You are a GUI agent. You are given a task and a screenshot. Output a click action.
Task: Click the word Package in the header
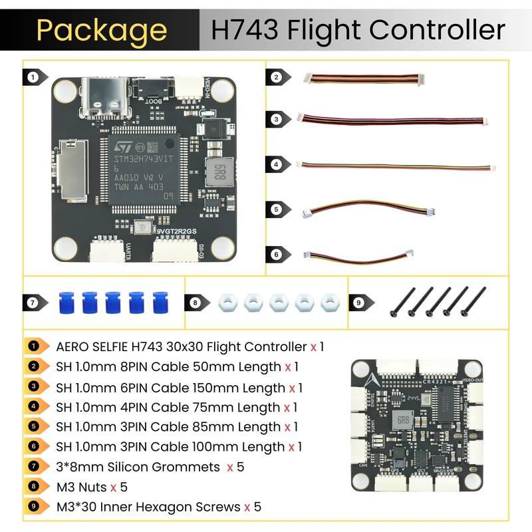coord(101,30)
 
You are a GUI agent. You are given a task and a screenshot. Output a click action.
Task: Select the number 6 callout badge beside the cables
coord(276,254)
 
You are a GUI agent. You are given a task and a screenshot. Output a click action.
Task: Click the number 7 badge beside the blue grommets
coord(32,303)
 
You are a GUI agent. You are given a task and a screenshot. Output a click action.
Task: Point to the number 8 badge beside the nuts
coord(194,303)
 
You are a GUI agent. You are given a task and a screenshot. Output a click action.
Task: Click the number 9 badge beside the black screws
coord(358,303)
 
